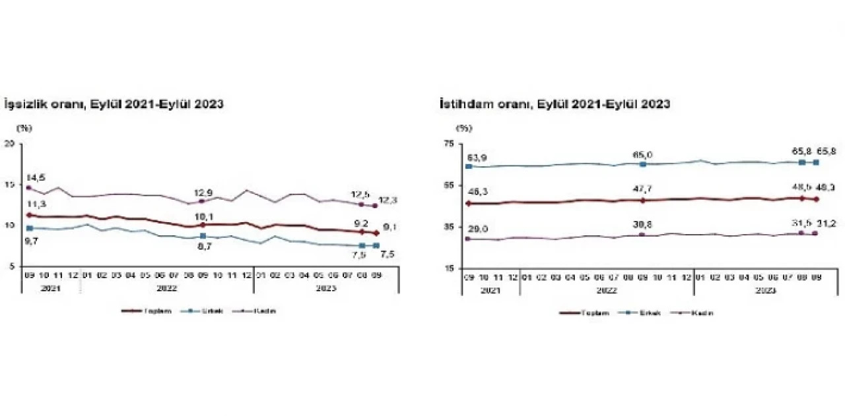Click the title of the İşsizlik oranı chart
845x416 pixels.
point(114,104)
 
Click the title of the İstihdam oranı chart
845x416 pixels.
point(555,104)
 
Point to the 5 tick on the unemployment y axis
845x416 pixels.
point(11,266)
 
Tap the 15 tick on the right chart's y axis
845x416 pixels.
point(450,268)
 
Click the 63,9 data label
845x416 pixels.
point(477,157)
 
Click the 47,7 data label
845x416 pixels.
point(647,189)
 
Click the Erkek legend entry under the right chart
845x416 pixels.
point(639,313)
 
